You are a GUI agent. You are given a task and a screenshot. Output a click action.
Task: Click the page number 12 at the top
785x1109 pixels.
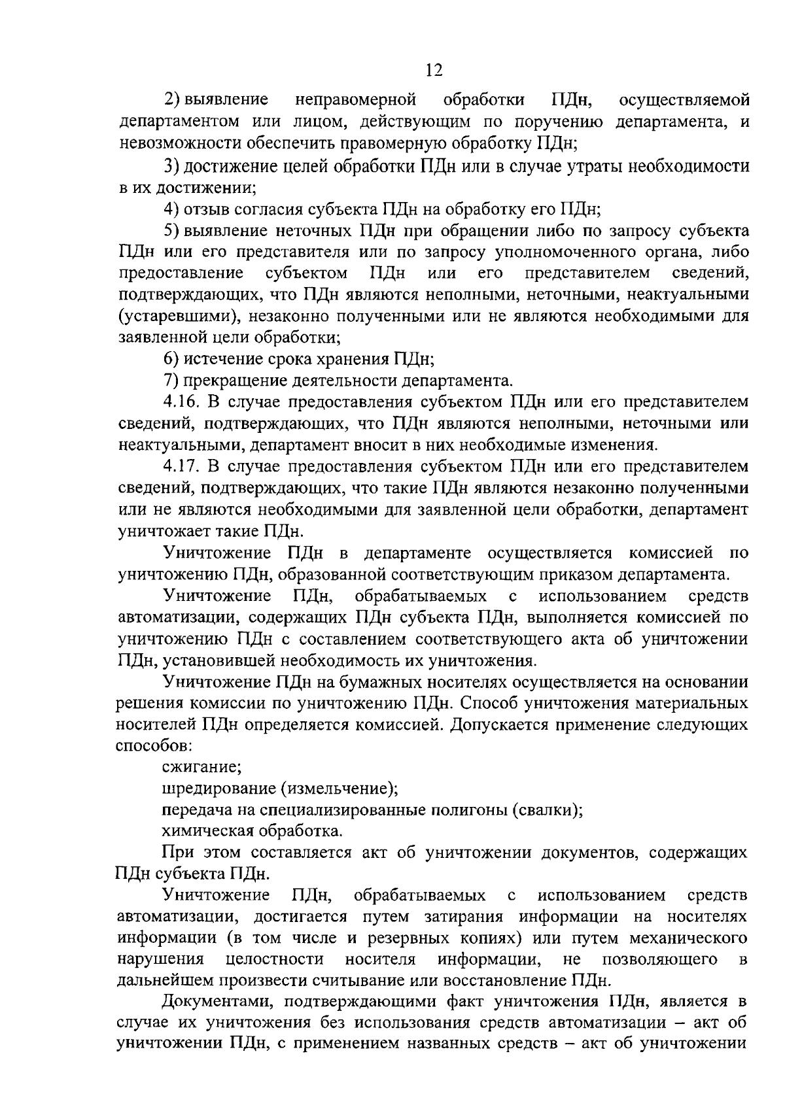434,70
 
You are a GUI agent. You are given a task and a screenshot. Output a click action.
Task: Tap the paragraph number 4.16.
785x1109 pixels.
183,402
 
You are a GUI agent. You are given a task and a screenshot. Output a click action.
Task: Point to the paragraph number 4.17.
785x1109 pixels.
183,466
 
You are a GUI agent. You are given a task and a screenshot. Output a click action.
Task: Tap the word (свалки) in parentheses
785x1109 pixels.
547,810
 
